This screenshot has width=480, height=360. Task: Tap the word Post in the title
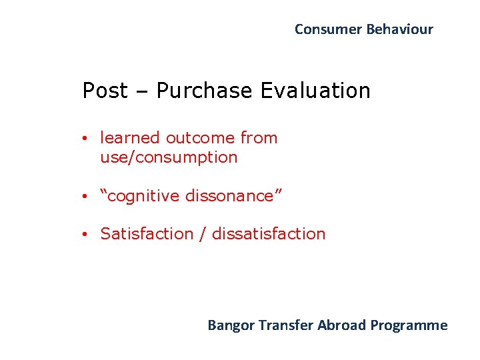click(x=104, y=91)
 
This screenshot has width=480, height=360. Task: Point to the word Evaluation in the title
click(x=315, y=91)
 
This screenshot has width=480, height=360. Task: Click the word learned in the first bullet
click(x=130, y=138)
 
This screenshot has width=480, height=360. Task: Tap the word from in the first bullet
click(x=259, y=138)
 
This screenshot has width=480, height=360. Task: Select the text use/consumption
click(x=169, y=157)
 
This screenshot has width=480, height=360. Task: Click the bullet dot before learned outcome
click(x=86, y=139)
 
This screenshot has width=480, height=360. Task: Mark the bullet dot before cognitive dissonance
click(x=86, y=197)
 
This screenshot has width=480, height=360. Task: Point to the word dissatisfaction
click(x=269, y=234)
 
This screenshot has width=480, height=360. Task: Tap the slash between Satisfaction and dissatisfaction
click(x=202, y=234)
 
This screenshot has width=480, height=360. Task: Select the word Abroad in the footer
click(x=342, y=325)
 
